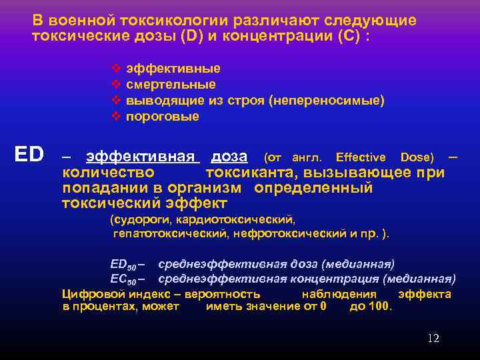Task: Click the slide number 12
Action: pyautogui.click(x=433, y=339)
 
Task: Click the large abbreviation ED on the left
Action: pyautogui.click(x=29, y=155)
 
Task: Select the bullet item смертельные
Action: pyautogui.click(x=171, y=85)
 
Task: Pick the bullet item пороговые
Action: pyautogui.click(x=162, y=117)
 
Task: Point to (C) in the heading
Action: pyautogui.click(x=347, y=36)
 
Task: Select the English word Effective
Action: pyautogui.click(x=361, y=157)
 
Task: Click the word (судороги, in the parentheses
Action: pyautogui.click(x=138, y=219)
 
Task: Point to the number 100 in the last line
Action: pyautogui.click(x=381, y=307)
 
